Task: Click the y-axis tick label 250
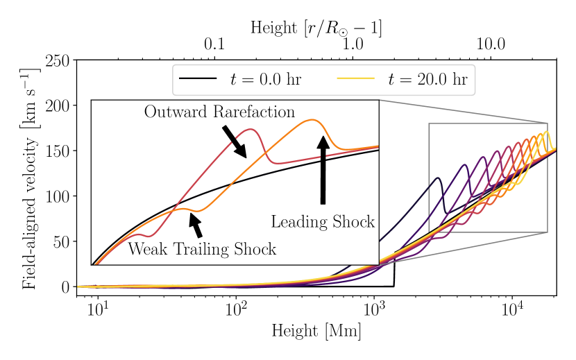[x=57, y=60]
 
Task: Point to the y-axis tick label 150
[x=57, y=151]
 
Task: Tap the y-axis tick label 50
[x=60, y=241]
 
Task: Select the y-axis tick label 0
[x=65, y=286]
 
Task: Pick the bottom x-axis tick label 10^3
[x=375, y=307]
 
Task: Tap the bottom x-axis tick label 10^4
[x=512, y=307]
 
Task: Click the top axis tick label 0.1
[x=214, y=45]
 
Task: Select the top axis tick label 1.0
[x=353, y=45]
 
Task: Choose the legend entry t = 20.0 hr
[x=403, y=79]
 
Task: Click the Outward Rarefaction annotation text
[x=219, y=112]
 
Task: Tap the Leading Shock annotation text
[x=323, y=222]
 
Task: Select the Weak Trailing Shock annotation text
[x=202, y=249]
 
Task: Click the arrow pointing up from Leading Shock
[x=323, y=170]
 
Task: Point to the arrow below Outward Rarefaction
[x=235, y=142]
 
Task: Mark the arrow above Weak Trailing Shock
[x=195, y=225]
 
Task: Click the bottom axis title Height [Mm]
[x=316, y=332]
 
